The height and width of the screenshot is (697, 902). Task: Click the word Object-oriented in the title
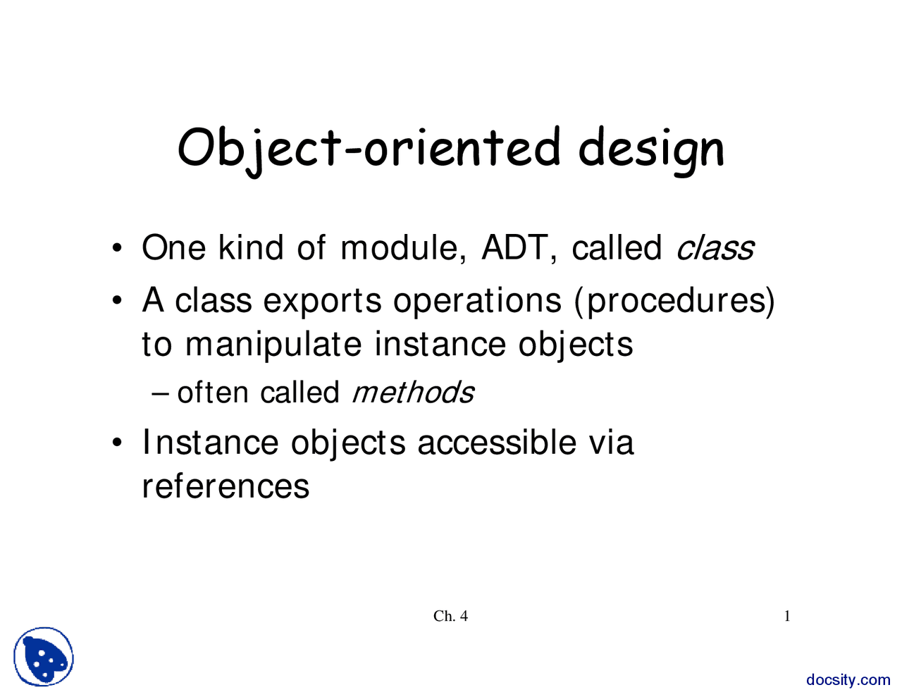[369, 148]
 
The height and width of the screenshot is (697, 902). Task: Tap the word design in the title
[651, 149]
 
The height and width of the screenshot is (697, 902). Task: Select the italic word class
[715, 248]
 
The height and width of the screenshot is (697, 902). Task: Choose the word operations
[477, 301]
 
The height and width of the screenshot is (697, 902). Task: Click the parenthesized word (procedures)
[674, 301]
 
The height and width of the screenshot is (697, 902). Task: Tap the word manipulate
[273, 345]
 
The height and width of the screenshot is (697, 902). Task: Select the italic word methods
[412, 393]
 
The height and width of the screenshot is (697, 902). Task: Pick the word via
[610, 443]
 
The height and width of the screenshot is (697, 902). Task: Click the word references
[225, 486]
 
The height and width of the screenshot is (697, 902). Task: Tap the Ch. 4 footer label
[450, 617]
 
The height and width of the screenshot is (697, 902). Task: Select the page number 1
[787, 617]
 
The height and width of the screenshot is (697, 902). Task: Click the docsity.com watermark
[848, 680]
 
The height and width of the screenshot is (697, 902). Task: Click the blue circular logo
[44, 657]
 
